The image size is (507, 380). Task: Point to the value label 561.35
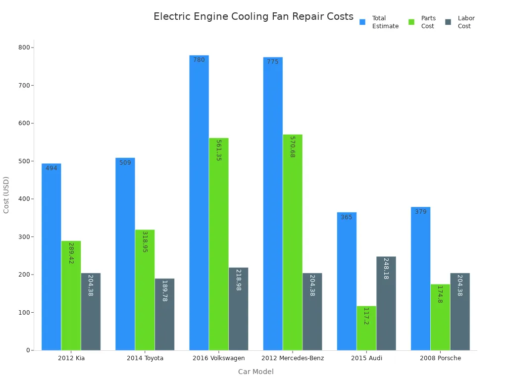218,150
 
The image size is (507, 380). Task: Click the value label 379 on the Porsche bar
421,212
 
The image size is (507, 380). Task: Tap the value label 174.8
440,294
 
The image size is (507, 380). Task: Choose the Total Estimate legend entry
379,22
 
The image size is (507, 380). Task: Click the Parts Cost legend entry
422,22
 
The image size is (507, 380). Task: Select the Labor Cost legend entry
460,22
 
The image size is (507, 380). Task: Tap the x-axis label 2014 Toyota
145,358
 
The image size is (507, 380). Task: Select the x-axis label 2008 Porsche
440,358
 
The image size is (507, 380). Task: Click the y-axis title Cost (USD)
6,195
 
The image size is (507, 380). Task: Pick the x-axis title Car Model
255,372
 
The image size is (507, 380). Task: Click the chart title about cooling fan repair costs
253,17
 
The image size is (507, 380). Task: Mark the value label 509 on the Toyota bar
125,163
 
